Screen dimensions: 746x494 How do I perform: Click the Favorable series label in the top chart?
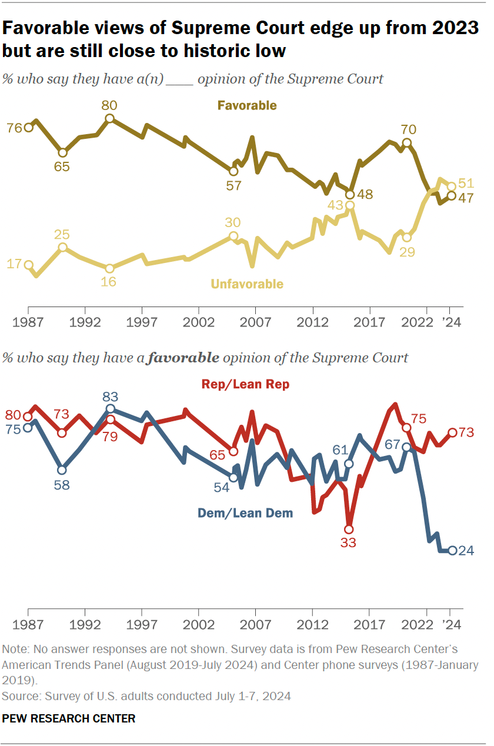coord(247,106)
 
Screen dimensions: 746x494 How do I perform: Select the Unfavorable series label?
coord(247,284)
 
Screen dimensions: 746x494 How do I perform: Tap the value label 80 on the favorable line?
coord(109,106)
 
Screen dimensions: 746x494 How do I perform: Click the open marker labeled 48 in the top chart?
coord(350,194)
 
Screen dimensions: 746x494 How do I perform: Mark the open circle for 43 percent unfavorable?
coord(350,205)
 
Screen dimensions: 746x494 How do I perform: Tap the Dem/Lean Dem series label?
coord(245,513)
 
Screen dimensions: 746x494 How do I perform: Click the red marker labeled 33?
coord(349,528)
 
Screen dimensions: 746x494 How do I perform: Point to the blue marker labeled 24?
coord(452,551)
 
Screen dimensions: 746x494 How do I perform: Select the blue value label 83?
coord(109,396)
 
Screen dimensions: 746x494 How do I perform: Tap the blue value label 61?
coord(341,451)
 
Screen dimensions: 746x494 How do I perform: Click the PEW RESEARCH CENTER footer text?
coord(69,718)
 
